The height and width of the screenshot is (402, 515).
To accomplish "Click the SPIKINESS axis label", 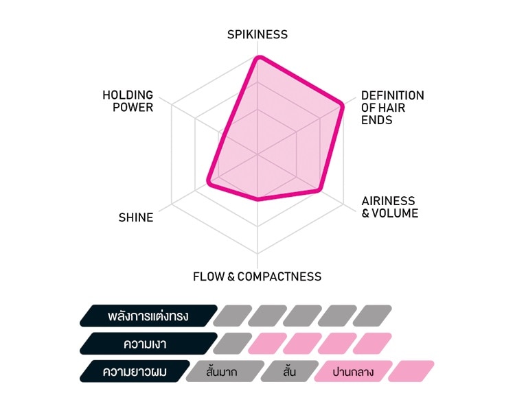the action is [x=257, y=34].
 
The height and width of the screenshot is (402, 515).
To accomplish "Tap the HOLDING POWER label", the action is [x=128, y=101].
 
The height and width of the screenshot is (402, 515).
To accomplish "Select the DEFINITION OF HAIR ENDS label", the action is [x=393, y=108].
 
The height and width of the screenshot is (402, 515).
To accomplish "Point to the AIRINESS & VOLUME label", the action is [x=390, y=207].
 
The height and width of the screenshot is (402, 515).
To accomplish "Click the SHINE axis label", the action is [x=136, y=217].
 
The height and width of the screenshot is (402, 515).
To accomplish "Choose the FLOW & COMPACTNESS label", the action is [x=257, y=276].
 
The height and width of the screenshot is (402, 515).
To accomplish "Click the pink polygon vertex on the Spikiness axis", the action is [x=259, y=58].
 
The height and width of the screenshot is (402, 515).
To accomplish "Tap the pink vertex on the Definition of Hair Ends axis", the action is [x=341, y=106].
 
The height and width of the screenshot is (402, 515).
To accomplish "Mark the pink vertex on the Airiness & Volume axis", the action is [x=318, y=189].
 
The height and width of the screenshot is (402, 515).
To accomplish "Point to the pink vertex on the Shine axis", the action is [x=209, y=180].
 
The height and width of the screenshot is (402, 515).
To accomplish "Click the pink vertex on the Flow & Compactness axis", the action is [x=257, y=198].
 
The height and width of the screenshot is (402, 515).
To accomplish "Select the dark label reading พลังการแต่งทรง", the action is [x=148, y=316].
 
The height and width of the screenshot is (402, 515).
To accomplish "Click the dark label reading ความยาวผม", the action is [x=135, y=372].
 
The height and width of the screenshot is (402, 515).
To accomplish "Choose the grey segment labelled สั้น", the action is [x=290, y=372].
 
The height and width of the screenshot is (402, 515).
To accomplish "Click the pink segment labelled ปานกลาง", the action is [x=354, y=372].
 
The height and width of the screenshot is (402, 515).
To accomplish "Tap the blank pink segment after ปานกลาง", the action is [x=411, y=372].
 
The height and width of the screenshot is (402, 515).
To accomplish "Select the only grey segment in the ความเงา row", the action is [x=233, y=344].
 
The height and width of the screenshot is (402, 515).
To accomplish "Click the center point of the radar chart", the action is [x=257, y=154].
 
